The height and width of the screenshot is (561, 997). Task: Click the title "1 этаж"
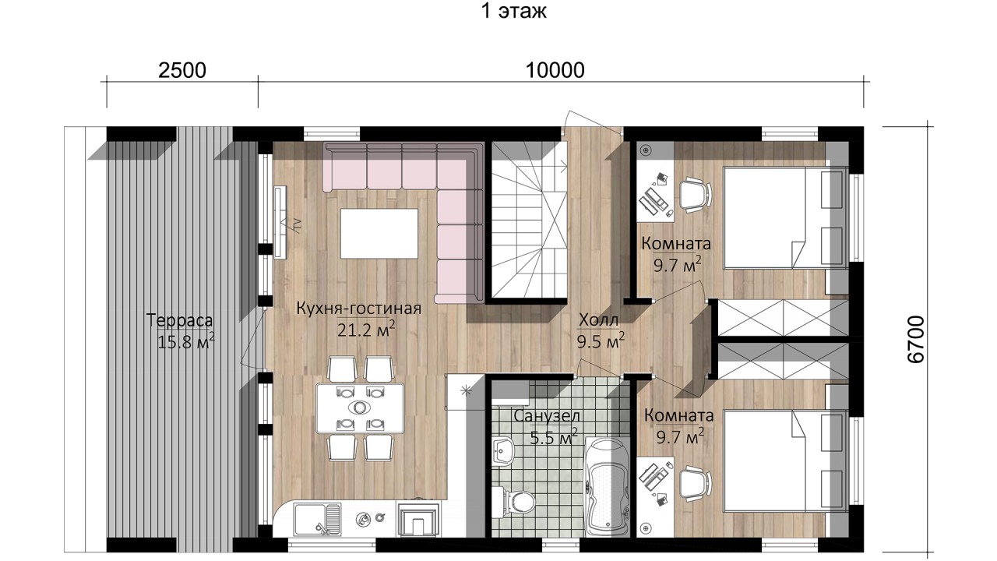tap(513, 11)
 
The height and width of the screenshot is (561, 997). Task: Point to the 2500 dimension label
tap(182, 70)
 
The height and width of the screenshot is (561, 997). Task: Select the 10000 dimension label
tap(555, 70)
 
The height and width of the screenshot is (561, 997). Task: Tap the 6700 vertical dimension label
tap(915, 339)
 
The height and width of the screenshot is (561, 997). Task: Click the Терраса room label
tap(179, 320)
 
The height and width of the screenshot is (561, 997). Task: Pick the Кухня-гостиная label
tap(359, 309)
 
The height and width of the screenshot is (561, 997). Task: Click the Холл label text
tap(599, 319)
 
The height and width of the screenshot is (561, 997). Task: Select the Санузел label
tap(547, 416)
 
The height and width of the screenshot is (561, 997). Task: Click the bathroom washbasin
tap(503, 450)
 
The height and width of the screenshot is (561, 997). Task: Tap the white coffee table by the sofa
tap(379, 233)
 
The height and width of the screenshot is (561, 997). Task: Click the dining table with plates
tap(360, 408)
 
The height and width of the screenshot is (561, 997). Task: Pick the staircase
tap(529, 220)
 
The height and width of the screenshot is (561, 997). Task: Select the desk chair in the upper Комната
tap(694, 194)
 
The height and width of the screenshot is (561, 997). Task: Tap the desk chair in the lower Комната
tap(694, 484)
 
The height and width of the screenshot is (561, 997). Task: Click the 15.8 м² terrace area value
tap(186, 342)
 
